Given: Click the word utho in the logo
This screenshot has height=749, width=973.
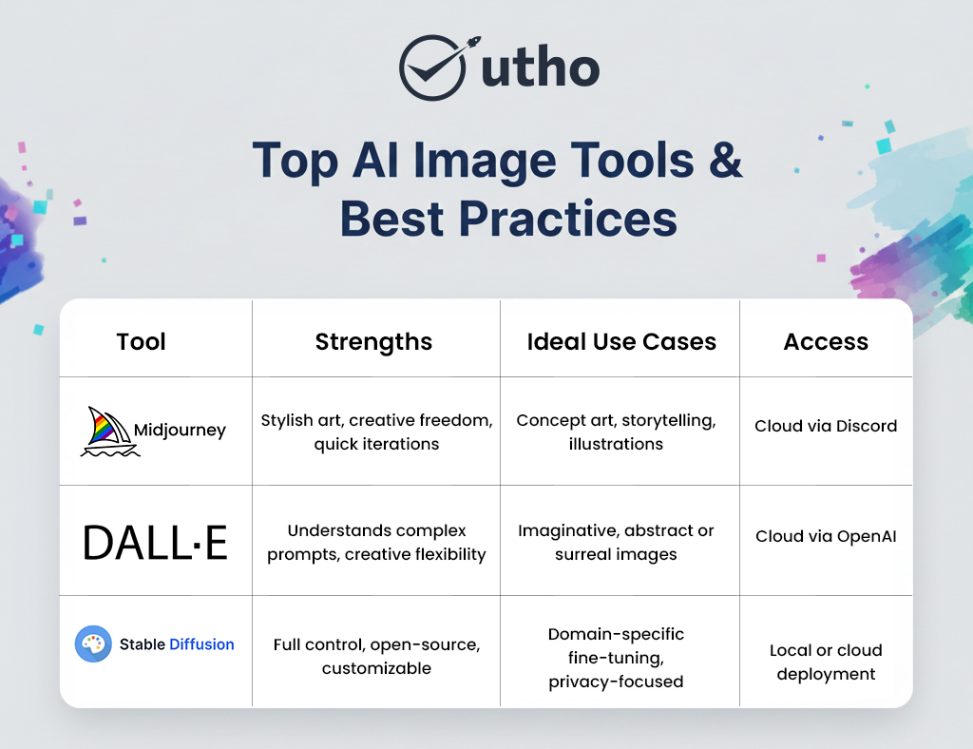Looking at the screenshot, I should coord(540,69).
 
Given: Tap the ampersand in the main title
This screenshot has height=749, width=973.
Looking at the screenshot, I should coord(725,161).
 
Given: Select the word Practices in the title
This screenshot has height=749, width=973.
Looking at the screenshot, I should coord(568,218).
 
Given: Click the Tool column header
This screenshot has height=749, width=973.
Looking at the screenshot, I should coord(142,342).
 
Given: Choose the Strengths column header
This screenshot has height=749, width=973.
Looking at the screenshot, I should coord(373,342).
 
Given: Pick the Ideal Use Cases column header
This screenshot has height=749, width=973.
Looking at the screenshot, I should coord(621,342).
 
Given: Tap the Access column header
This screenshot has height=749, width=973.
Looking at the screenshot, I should coord(826,342).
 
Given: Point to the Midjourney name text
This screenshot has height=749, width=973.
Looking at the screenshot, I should coord(180,430).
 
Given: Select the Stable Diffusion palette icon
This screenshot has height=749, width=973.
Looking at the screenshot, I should coord(93,644).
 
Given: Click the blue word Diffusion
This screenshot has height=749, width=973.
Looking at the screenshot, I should coord(201,644).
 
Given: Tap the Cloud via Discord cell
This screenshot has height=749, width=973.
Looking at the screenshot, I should coord(826,426).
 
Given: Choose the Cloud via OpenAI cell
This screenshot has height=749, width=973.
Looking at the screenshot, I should coord(826,536).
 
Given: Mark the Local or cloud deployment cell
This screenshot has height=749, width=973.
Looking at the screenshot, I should coord(826,662).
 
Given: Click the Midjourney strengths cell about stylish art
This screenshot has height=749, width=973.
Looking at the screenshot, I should coord(376,432).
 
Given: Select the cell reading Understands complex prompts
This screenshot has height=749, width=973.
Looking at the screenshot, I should coord(376,542).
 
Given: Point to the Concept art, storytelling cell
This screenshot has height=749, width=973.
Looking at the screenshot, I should coord(616,432).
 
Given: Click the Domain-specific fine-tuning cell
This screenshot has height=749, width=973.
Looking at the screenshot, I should coord(616,658).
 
